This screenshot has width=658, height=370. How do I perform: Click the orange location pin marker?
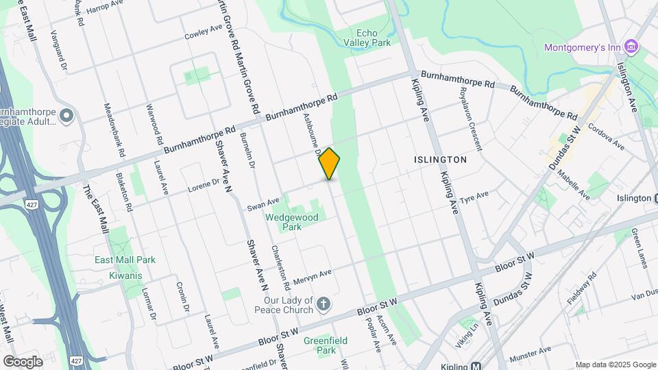330,163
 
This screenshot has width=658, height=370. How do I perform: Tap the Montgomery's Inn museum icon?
632,47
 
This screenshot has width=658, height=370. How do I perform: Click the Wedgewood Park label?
283,222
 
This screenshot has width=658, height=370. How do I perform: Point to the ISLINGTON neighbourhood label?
440,160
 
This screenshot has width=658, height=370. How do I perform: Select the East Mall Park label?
126,260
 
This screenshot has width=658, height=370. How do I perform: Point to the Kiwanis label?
125,275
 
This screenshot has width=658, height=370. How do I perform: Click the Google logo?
23,362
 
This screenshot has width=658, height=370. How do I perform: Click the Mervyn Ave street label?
311,277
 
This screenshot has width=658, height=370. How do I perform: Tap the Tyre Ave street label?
474,197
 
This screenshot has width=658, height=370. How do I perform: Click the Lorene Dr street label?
204,185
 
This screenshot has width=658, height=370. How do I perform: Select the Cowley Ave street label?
204,33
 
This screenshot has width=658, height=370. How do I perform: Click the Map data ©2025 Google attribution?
616,365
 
